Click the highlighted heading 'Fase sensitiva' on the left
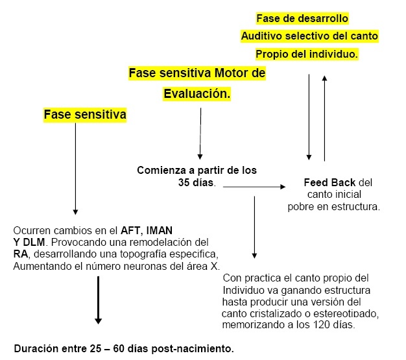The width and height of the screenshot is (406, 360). [x=85, y=114]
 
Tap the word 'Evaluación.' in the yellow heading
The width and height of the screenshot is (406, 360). [x=197, y=93]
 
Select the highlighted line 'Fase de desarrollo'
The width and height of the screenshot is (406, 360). [x=302, y=18]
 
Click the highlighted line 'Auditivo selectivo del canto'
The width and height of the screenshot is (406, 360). [x=309, y=36]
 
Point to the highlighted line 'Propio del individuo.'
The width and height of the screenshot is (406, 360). [x=307, y=54]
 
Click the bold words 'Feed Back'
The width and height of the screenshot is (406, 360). [x=329, y=182]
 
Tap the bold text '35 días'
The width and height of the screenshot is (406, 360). [x=196, y=182]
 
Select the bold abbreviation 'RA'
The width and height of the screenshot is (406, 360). [x=21, y=254]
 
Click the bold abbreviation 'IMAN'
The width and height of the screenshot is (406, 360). [x=160, y=230]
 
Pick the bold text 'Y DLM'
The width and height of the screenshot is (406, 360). [x=29, y=243]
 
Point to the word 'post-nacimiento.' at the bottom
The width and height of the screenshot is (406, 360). [x=193, y=348]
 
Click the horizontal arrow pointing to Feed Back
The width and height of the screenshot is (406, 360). [x=254, y=186]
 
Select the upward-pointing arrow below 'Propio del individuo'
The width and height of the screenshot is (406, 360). [x=324, y=118]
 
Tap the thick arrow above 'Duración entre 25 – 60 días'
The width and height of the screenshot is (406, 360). [x=98, y=300]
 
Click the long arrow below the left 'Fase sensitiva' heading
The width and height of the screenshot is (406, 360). [x=75, y=169]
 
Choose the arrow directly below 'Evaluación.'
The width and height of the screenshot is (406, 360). [x=200, y=134]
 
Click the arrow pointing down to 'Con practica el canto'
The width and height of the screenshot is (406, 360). [x=254, y=227]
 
